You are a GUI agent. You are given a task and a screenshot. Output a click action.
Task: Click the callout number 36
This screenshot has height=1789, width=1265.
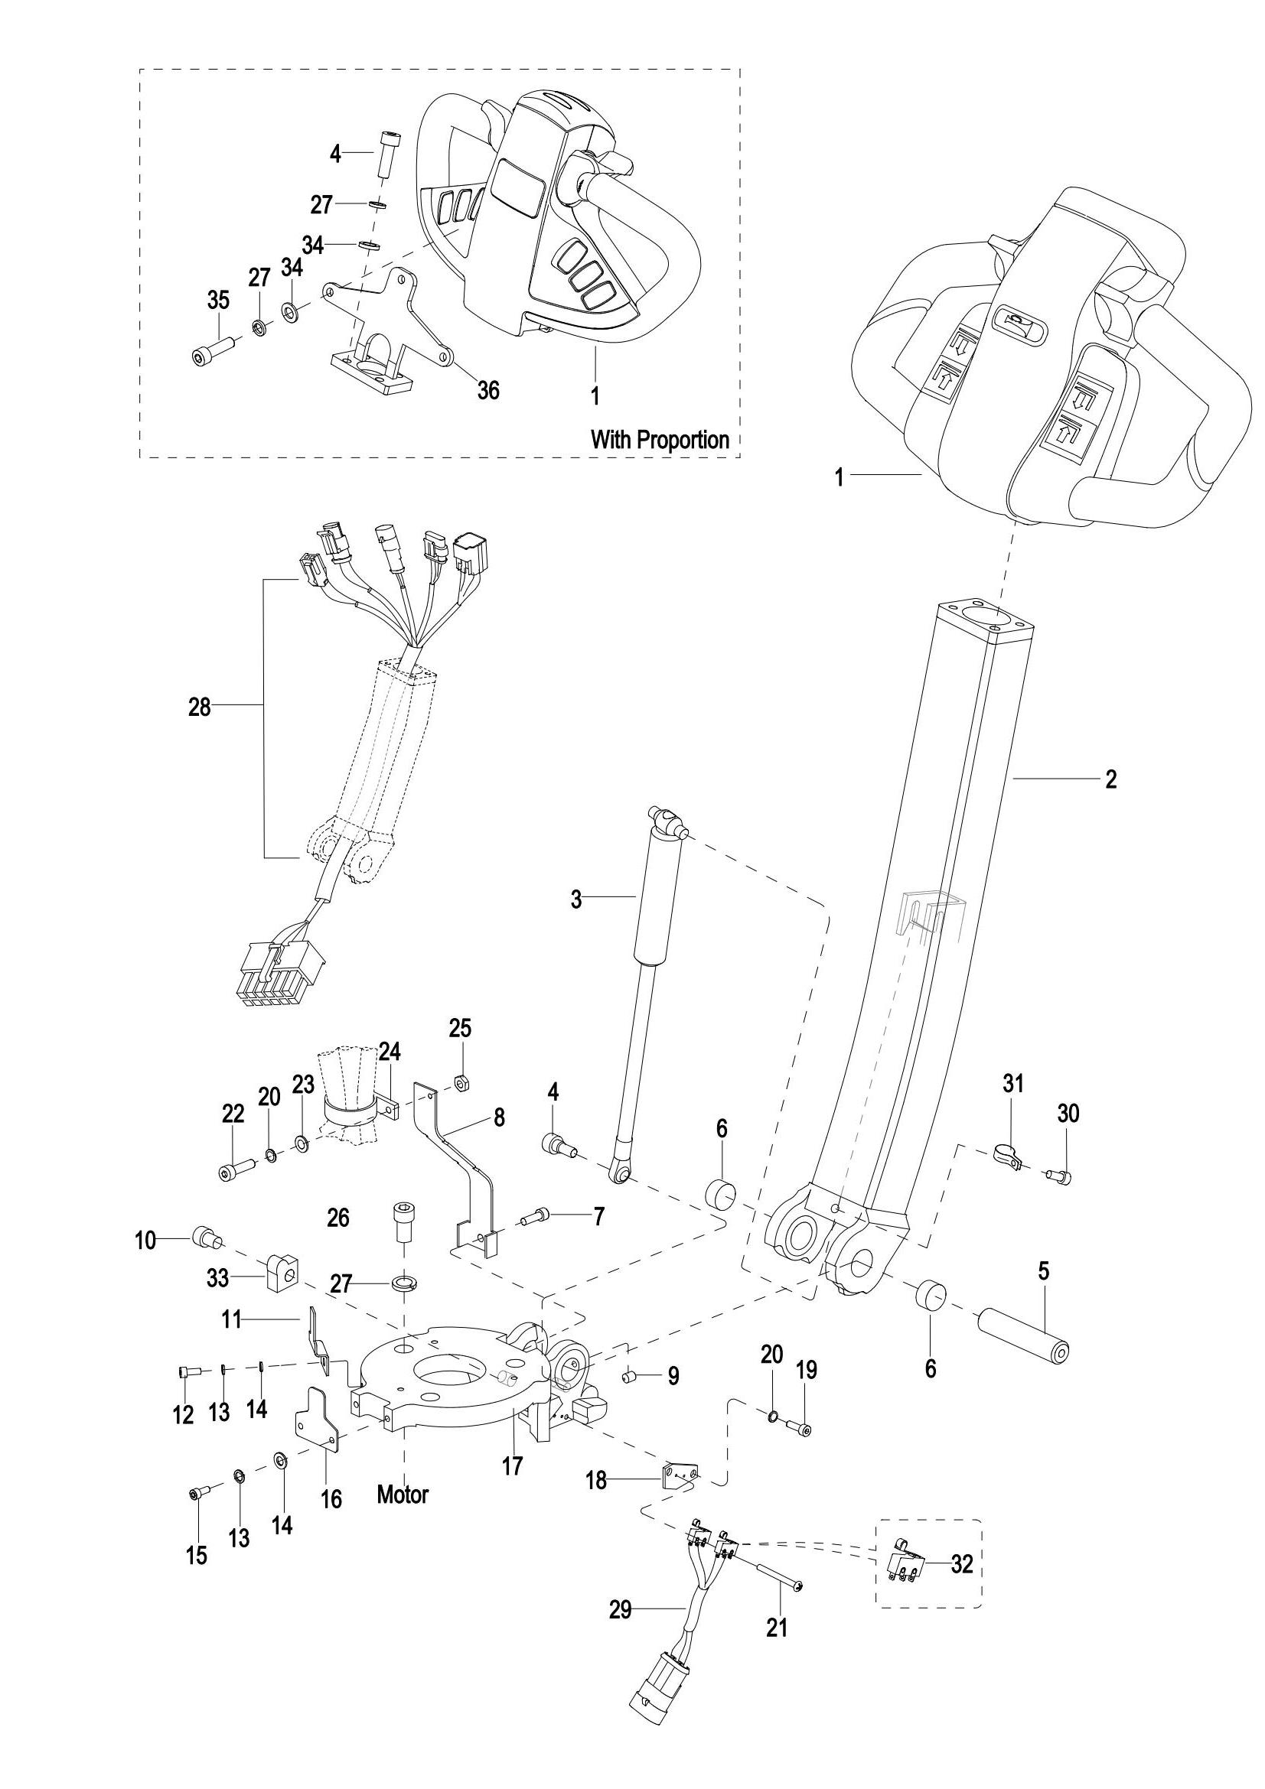click(488, 389)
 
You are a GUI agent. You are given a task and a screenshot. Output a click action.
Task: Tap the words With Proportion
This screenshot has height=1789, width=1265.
click(660, 440)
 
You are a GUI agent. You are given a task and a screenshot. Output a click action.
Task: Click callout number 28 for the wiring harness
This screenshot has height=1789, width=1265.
click(200, 707)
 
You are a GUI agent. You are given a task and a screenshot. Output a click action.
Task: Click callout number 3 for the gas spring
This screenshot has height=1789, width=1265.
click(576, 900)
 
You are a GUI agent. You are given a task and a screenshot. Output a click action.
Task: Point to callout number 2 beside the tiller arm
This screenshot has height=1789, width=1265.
click(1110, 779)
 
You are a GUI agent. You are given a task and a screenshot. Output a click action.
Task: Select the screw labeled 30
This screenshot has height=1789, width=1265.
click(1061, 1176)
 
